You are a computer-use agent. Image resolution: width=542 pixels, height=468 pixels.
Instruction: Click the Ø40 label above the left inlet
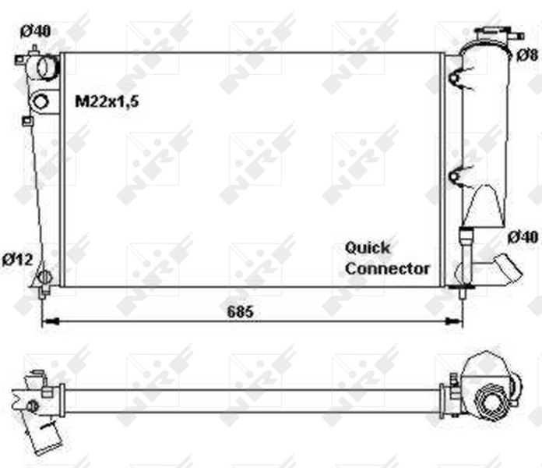(x=35, y=31)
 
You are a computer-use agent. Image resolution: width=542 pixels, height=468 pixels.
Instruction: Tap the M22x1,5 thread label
(x=107, y=101)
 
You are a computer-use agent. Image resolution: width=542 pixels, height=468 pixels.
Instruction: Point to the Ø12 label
(x=16, y=259)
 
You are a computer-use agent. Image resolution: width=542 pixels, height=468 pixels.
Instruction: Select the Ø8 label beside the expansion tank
(x=527, y=54)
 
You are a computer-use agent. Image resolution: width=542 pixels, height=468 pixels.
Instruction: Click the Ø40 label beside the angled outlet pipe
(x=523, y=236)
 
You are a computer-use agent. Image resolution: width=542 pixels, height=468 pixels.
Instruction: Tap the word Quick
(x=368, y=247)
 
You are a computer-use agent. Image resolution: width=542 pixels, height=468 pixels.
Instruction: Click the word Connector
(x=387, y=268)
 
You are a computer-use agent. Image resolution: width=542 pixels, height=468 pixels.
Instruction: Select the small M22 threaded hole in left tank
(x=40, y=101)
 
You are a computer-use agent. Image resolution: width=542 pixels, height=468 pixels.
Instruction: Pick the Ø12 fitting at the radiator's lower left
(x=45, y=278)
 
